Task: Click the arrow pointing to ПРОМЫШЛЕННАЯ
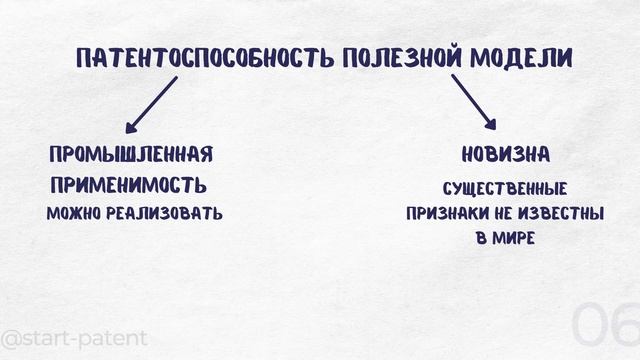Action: (x=150, y=105)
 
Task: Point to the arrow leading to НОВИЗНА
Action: (x=473, y=103)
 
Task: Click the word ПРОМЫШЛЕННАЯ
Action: (x=131, y=155)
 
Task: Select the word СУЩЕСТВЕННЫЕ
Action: (x=505, y=188)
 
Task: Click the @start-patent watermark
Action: (x=74, y=338)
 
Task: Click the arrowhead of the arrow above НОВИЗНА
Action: (x=490, y=125)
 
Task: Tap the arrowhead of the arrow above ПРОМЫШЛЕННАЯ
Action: (x=130, y=127)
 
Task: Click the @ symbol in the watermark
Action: (x=12, y=338)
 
